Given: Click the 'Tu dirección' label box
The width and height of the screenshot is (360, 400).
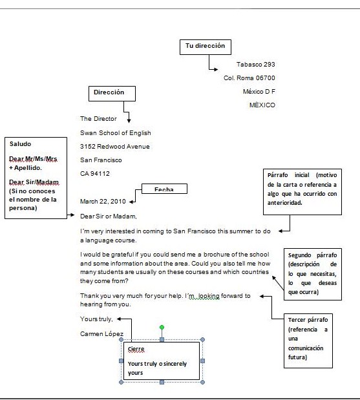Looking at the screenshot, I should tap(205, 47).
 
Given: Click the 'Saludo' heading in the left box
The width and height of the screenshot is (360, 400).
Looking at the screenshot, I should tap(21, 144).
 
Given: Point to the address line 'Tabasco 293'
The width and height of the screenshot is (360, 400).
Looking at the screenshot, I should tap(256, 64).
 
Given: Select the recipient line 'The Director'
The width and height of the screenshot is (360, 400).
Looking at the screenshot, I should tap(98, 119).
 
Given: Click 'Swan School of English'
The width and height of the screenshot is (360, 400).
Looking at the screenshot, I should tap(116, 132).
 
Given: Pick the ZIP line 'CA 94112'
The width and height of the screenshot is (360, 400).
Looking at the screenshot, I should tap(94, 174).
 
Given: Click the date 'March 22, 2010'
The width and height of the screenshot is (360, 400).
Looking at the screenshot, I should tap(103, 202).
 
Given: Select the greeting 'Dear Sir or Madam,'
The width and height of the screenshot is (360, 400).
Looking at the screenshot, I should tap(109, 216).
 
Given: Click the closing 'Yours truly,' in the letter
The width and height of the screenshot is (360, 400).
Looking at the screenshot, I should tap(96, 319).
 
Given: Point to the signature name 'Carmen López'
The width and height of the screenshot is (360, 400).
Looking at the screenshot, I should tap(102, 333).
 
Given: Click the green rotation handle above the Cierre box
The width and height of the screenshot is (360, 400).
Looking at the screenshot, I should tap(162, 328).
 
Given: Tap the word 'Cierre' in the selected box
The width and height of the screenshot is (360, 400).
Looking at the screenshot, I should tap(137, 349).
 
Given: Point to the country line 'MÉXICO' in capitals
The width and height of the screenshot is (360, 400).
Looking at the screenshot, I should tap(262, 105).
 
